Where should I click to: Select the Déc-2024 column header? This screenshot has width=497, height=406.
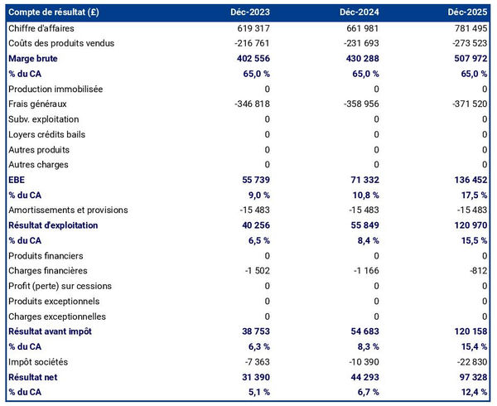[359, 12]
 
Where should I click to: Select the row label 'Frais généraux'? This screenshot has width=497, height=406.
[37, 104]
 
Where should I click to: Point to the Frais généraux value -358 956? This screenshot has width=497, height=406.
[358, 104]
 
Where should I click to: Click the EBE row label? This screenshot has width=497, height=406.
[17, 180]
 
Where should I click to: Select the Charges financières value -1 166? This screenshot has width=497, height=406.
[363, 271]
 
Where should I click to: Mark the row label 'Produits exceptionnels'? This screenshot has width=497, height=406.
[54, 301]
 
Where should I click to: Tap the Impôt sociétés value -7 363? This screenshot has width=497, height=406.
[255, 361]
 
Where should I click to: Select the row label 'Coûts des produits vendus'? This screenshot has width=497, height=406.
[60, 43]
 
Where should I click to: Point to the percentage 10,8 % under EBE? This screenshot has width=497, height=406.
[364, 195]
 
